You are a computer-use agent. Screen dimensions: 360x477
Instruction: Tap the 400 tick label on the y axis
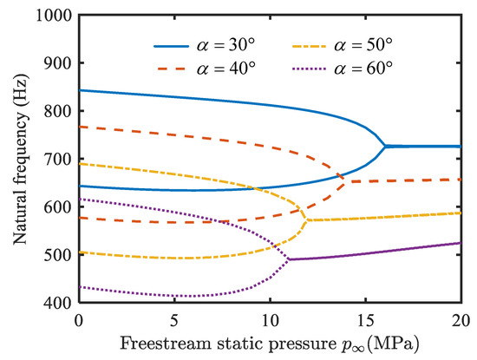[x=58, y=303]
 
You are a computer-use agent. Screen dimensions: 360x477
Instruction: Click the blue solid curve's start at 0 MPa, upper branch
[x=80, y=90]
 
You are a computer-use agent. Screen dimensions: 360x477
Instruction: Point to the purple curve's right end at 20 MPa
[x=459, y=243]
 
